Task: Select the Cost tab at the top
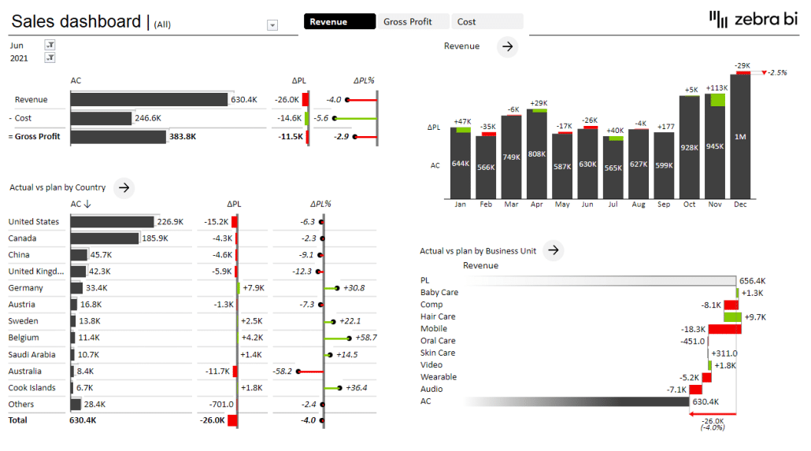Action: [x=488, y=22]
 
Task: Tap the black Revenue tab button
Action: [x=339, y=22]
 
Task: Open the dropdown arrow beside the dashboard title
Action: [x=272, y=25]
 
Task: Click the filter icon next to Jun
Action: [x=50, y=46]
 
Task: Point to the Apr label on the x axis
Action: [x=537, y=205]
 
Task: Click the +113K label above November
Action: [x=717, y=88]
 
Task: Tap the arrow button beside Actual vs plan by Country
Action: [x=124, y=187]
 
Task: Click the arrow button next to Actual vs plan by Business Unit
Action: [x=554, y=250]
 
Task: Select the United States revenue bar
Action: [x=112, y=222]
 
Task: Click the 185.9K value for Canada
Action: [x=154, y=238]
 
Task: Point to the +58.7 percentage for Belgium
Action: [x=365, y=338]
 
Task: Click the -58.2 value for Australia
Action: [x=281, y=371]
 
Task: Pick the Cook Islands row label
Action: [x=32, y=388]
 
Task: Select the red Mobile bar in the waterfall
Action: [x=724, y=329]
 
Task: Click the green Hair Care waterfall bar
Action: [x=732, y=317]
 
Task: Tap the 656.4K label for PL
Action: [x=753, y=281]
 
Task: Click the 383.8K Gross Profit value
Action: [x=183, y=137]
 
